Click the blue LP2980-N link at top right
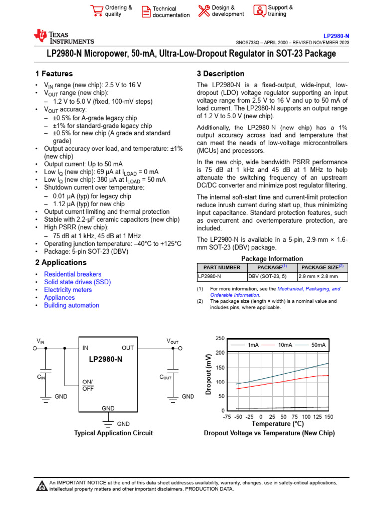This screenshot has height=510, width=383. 336,36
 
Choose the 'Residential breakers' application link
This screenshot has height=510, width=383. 72,274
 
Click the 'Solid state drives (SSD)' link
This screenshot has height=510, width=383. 77,282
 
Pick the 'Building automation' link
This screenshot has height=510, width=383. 71,305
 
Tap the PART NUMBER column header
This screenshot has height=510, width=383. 222,267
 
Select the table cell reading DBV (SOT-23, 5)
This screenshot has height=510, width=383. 268,276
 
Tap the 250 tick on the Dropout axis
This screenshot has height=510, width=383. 220,338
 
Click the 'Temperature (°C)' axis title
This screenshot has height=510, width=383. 277,424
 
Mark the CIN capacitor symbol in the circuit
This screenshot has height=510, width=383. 46,372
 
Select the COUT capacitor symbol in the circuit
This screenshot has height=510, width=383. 173,372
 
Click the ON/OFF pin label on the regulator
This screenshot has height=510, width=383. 88,384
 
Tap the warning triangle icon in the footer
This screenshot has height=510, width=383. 41,486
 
